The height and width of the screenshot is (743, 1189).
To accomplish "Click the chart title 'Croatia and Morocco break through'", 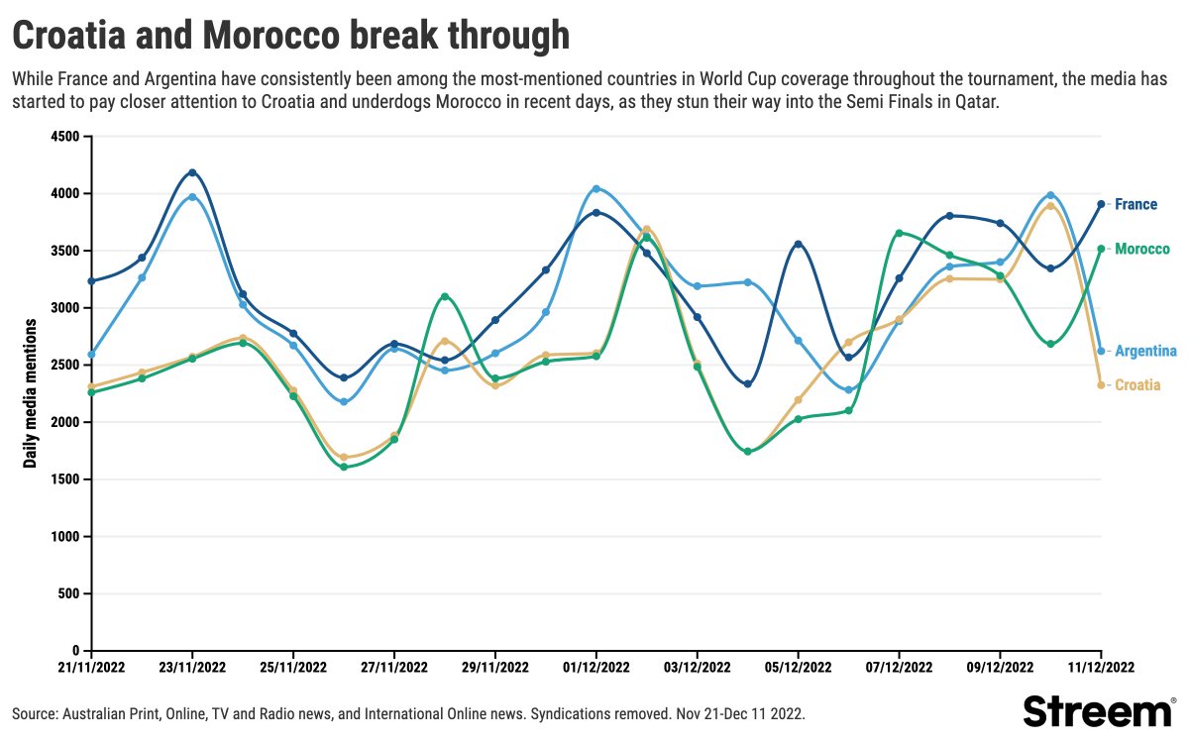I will (290, 37).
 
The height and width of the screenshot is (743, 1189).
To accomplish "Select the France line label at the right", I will (1135, 205).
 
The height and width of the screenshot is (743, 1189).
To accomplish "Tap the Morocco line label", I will (1141, 250).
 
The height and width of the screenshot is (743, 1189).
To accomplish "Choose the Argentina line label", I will (1145, 352).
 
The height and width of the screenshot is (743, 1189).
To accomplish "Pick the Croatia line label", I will (1137, 385).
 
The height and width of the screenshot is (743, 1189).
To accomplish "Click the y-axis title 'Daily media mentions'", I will (31, 393).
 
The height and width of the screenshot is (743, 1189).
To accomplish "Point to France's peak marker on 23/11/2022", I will (192, 172).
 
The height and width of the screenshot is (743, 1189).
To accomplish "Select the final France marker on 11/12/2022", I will (1101, 204).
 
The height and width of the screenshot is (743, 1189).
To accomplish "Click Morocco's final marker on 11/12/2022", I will (1101, 250).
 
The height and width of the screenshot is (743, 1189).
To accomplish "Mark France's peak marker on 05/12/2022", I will (799, 244).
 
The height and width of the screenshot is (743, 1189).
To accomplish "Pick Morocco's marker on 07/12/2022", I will (899, 233).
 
